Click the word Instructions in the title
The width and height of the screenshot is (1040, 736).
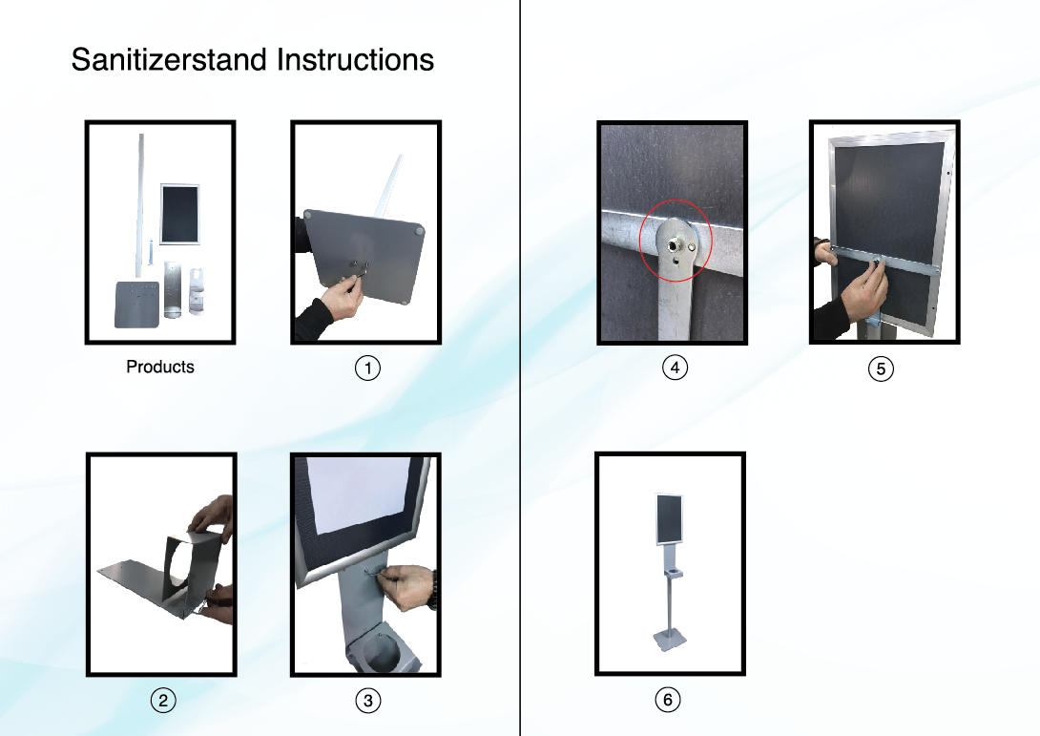point(356,60)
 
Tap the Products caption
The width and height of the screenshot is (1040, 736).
point(160,367)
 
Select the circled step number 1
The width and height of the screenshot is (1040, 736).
point(367,368)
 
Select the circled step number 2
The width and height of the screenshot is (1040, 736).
point(163,700)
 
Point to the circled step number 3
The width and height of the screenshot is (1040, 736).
point(368,700)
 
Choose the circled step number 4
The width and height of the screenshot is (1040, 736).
point(675,367)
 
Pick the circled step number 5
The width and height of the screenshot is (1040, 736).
point(881,368)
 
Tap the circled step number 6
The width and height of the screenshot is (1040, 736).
point(667,700)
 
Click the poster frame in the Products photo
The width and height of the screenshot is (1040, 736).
point(179,215)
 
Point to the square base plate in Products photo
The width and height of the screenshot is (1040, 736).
point(137,305)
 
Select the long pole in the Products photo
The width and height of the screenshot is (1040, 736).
point(140,206)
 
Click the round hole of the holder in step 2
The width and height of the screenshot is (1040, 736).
point(180,570)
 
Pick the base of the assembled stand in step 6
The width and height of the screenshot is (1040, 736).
point(670,641)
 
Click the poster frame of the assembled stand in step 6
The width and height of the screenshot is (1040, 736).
point(669,519)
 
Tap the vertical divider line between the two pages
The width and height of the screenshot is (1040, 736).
point(520,368)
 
